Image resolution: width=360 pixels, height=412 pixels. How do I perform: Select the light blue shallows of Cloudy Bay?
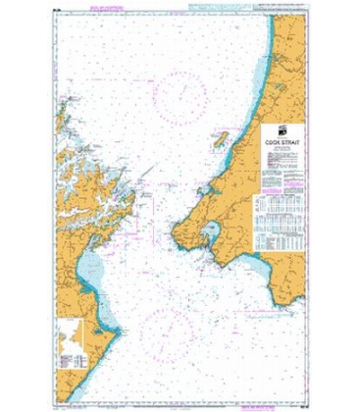pyautogui.click(x=94, y=265)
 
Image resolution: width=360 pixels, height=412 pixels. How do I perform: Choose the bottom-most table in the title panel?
pyautogui.click(x=285, y=239)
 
